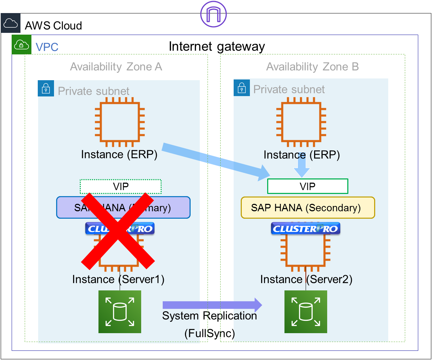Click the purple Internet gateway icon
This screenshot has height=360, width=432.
[x=213, y=14]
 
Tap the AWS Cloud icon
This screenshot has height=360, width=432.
[x=11, y=23]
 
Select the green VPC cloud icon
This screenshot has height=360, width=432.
[x=22, y=45]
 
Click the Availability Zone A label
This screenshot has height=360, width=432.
[x=116, y=67]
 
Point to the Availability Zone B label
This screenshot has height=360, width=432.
[x=312, y=67]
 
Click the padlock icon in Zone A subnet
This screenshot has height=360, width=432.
[x=46, y=88]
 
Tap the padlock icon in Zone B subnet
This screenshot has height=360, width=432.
[x=242, y=88]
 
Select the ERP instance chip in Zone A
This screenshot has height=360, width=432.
[x=120, y=122]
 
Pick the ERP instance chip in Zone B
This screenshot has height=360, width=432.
[x=301, y=122]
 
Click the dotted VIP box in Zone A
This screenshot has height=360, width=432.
[x=121, y=187]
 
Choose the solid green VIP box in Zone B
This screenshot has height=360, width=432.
[x=307, y=186]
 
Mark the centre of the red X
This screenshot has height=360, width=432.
[x=118, y=230]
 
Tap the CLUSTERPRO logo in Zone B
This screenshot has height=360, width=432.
[x=305, y=229]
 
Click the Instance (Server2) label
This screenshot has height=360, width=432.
[x=306, y=279]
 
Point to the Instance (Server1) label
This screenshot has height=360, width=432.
[x=118, y=279]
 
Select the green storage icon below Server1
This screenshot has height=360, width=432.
[x=120, y=312]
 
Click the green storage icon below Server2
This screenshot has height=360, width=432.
[x=306, y=312]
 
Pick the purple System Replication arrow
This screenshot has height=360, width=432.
[x=212, y=305]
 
